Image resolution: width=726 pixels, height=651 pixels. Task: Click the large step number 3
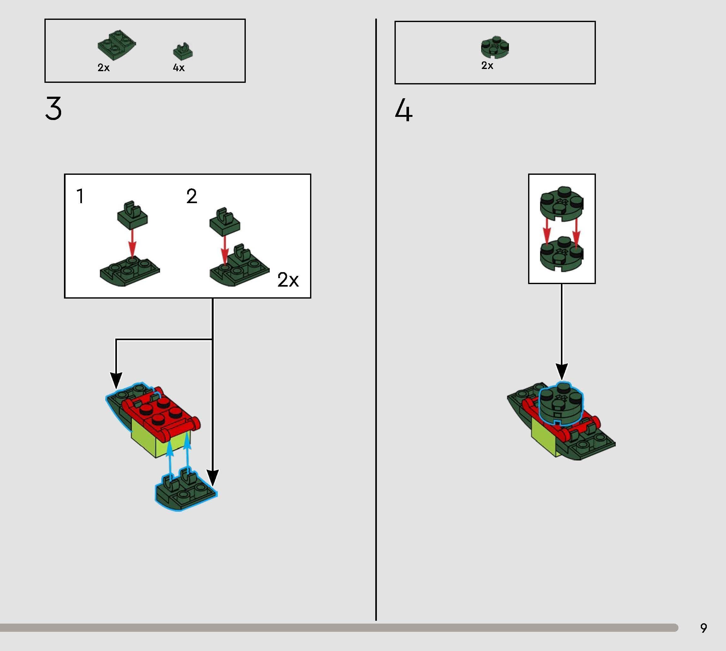point(54,109)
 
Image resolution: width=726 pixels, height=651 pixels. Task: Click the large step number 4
point(404,111)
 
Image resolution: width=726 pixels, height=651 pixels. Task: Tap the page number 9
point(703,628)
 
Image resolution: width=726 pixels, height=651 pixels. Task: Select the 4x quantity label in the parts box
point(179,68)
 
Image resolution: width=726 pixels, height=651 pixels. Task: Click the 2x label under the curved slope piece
point(103,68)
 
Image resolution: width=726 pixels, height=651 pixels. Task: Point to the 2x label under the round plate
point(487,66)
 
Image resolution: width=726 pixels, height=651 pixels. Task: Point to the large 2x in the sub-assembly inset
point(288,280)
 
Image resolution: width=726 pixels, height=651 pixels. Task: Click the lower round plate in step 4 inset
point(561,255)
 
